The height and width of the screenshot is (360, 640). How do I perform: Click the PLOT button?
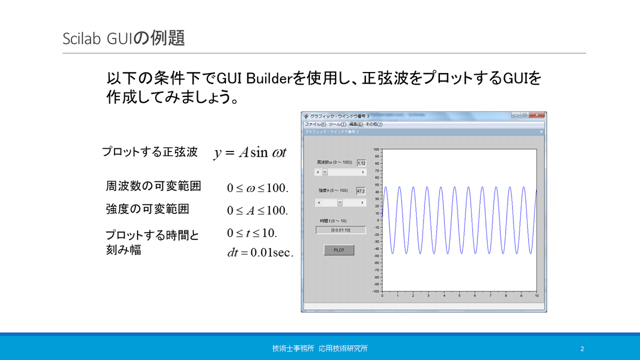coord(339,250)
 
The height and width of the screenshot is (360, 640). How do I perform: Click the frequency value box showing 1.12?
coord(361,163)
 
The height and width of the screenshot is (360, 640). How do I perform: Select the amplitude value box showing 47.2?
coord(361,190)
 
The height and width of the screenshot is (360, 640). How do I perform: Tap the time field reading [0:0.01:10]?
coord(341,230)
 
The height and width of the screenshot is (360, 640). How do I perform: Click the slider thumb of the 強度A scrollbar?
coord(340,203)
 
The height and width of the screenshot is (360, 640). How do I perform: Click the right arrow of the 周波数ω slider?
coord(364,172)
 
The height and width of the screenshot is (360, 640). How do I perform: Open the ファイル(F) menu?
coord(315,124)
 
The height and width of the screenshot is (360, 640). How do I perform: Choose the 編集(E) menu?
coord(356,124)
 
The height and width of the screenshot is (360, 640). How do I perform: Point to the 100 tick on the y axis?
coord(376,149)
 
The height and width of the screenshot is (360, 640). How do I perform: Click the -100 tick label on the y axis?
coord(375,291)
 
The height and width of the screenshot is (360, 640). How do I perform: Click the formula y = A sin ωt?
coord(250,153)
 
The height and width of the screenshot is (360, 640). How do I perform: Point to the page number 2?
coord(582,349)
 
